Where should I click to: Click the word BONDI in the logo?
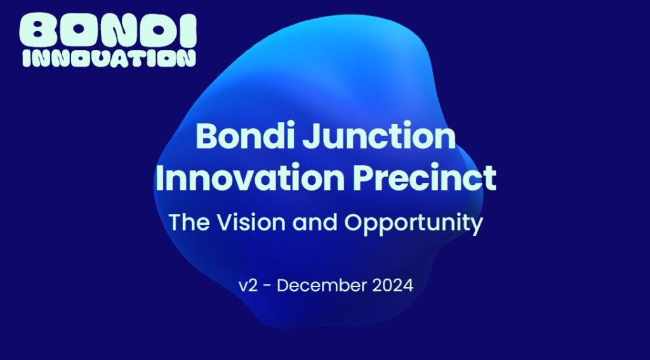pos(108,30)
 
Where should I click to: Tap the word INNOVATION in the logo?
pos(109,58)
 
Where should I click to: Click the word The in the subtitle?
pos(189,222)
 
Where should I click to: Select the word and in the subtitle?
pos(315,222)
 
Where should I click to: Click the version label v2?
pos(248,286)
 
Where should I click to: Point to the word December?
pos(322,286)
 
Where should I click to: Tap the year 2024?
pos(392,286)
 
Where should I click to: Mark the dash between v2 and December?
pos(267,286)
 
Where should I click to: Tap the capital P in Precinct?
pos(363,178)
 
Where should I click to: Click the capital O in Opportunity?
pos(354,222)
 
